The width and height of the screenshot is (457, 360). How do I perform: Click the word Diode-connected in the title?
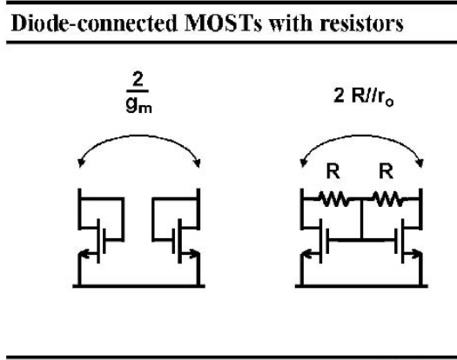(x=94, y=23)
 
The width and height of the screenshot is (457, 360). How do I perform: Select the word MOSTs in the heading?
(x=223, y=23)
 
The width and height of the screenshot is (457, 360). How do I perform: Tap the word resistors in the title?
(x=361, y=23)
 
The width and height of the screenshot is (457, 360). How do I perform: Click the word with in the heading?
(x=291, y=23)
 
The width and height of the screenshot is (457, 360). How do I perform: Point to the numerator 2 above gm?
(x=138, y=79)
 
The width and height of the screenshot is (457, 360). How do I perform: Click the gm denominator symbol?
(x=138, y=105)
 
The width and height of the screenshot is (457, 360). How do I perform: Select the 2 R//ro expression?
(x=364, y=97)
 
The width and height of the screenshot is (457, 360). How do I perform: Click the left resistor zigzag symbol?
(x=333, y=199)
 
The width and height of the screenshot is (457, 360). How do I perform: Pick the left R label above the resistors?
(x=333, y=172)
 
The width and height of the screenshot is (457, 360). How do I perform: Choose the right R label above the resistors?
(x=386, y=172)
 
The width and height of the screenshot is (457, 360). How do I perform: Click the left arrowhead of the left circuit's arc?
(x=81, y=163)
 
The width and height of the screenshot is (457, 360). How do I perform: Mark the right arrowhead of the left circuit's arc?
(x=198, y=163)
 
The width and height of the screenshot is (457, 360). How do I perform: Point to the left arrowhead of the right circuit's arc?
(x=304, y=163)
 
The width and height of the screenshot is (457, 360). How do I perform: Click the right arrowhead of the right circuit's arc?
(x=420, y=163)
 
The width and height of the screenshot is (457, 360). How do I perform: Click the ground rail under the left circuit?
(x=138, y=286)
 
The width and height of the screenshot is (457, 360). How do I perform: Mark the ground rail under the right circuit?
(x=361, y=286)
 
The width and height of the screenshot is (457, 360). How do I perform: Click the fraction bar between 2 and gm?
(x=138, y=91)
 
